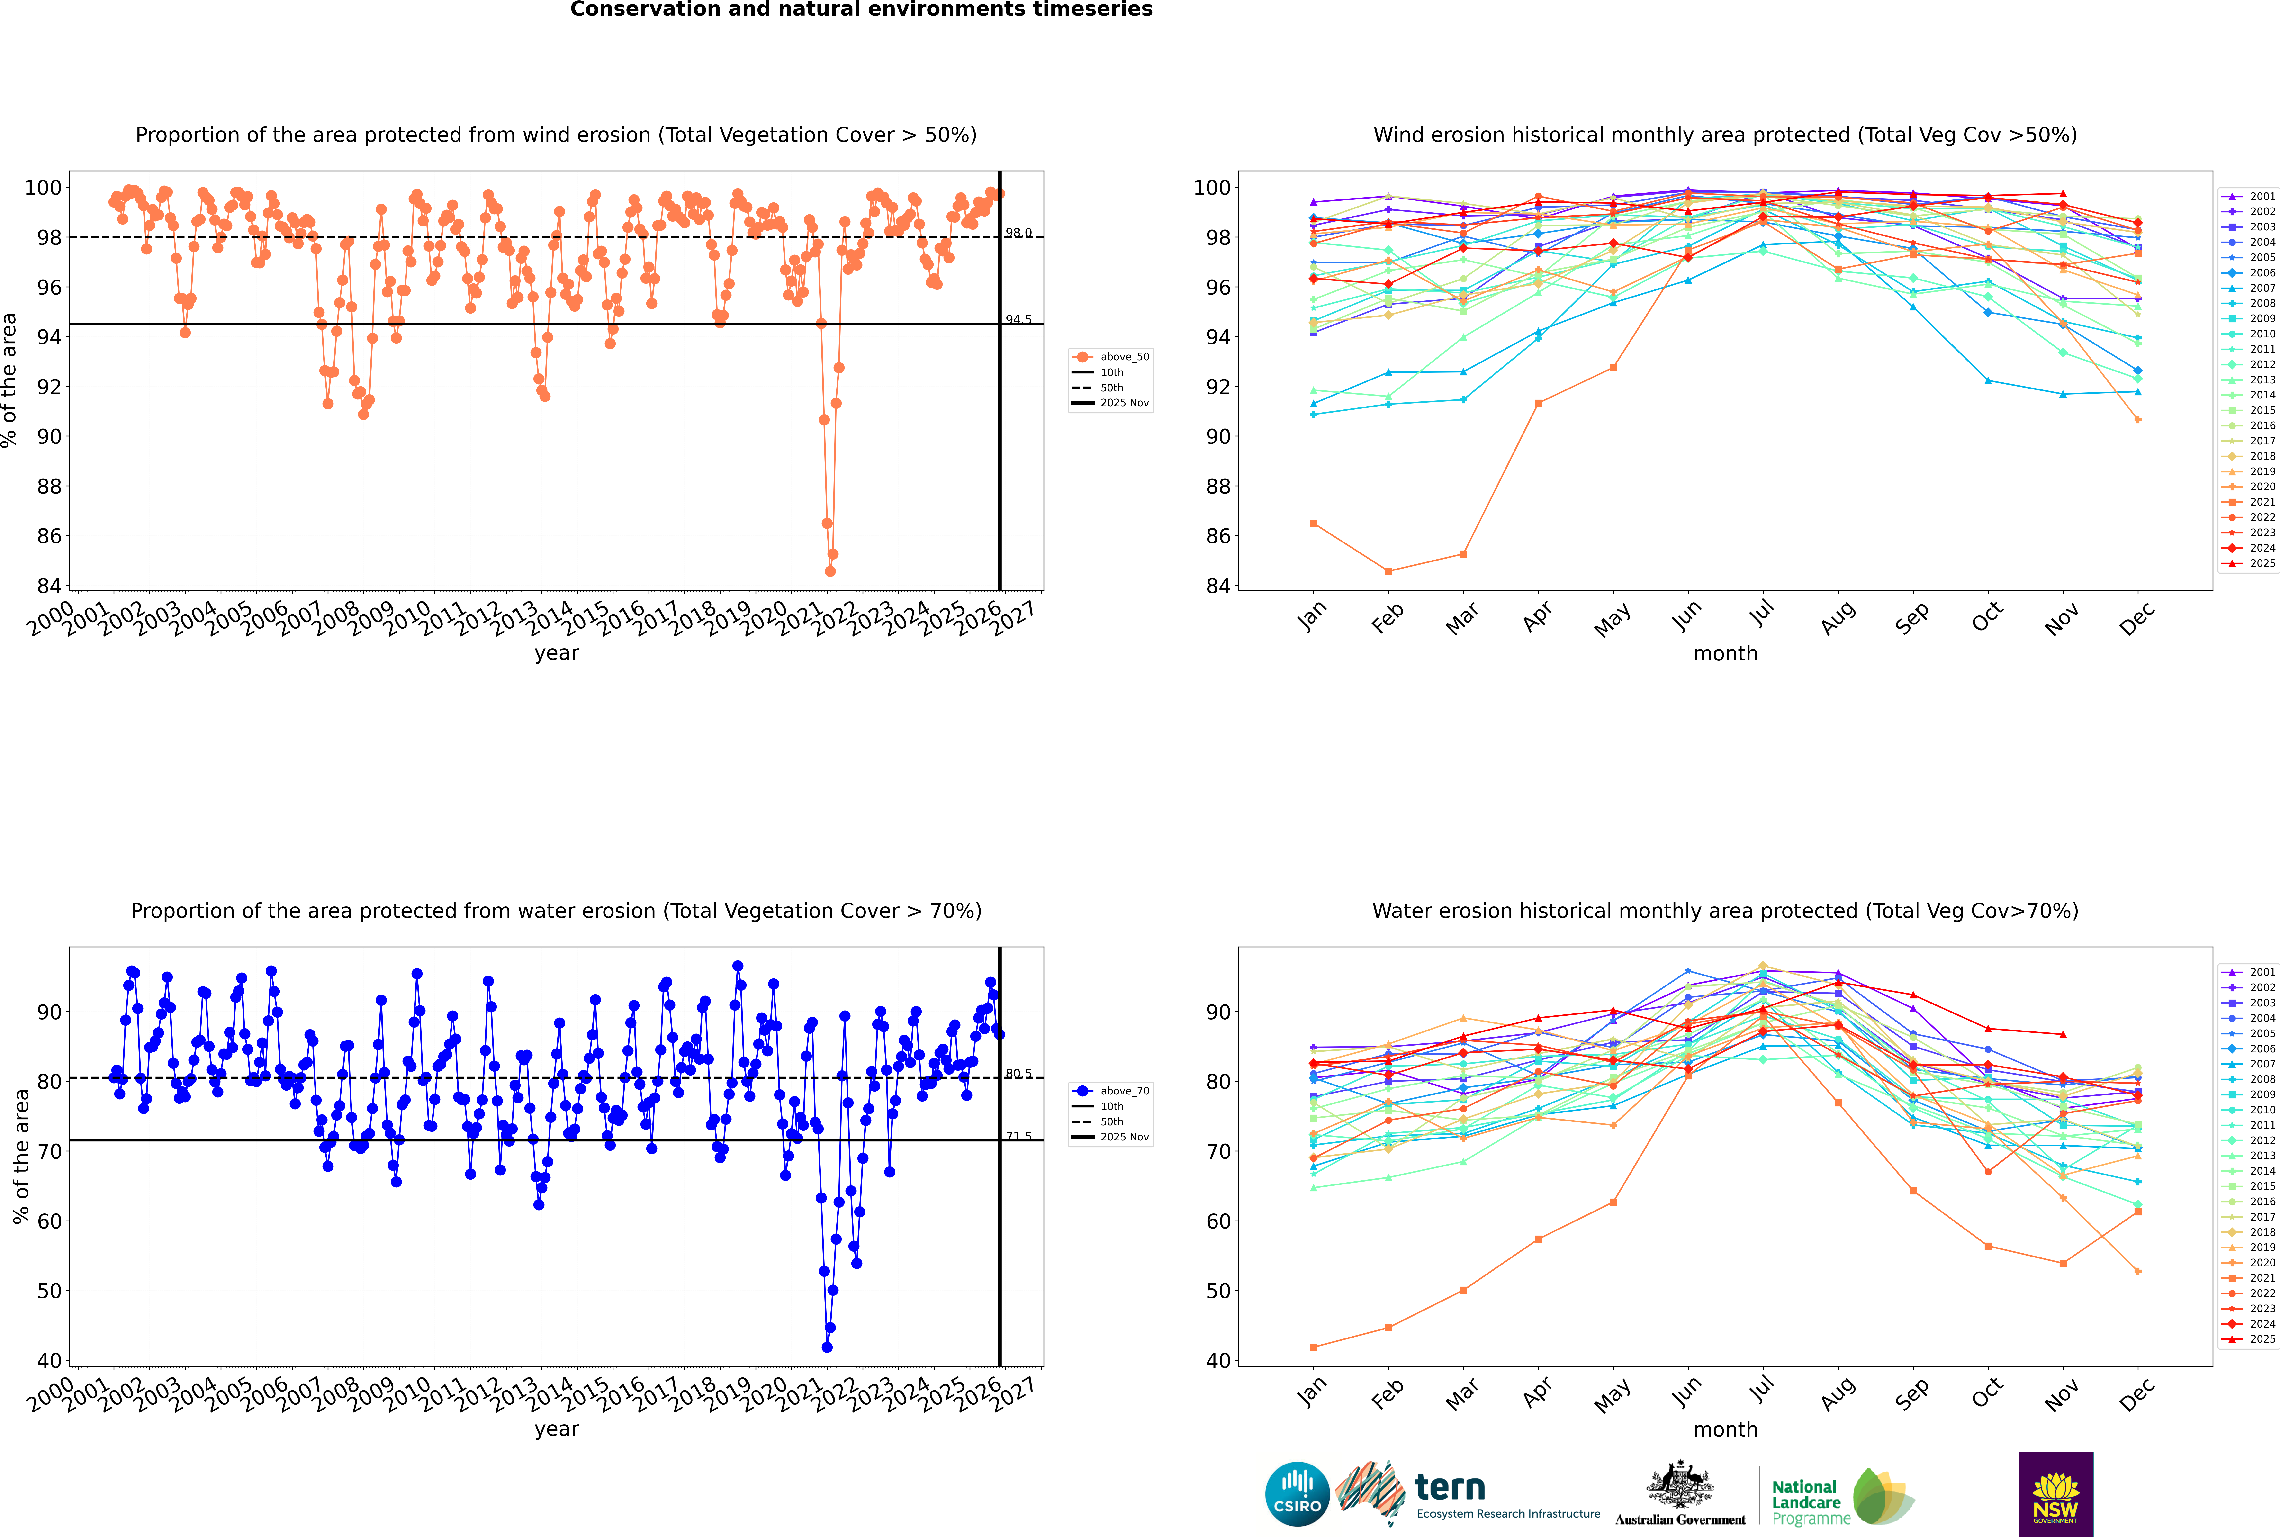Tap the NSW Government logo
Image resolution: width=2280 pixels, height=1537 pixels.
(x=2055, y=1493)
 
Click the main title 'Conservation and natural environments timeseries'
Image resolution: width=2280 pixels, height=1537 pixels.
(x=861, y=10)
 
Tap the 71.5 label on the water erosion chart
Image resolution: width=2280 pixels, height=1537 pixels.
(x=1018, y=1136)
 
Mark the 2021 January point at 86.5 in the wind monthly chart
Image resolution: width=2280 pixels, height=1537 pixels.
(x=1314, y=524)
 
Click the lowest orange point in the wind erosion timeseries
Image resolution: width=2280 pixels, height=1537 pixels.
(x=830, y=570)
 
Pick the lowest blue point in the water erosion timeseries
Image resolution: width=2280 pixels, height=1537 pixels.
(x=826, y=1347)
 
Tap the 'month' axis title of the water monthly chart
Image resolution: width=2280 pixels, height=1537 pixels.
(x=1725, y=1429)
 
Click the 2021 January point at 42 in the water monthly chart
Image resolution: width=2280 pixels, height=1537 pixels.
(x=1314, y=1347)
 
